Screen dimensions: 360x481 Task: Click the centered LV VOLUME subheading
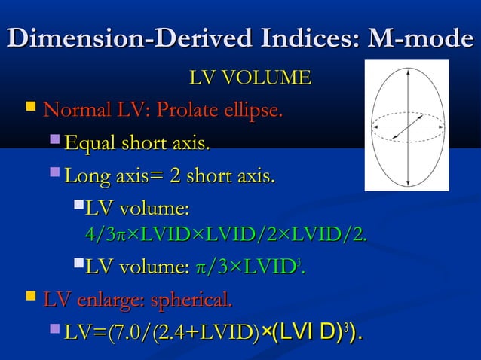(250, 78)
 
